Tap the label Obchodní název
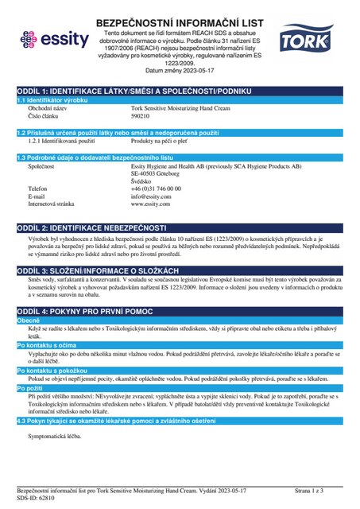pyautogui.click(x=48, y=107)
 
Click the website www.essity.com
pyautogui.click(x=152, y=204)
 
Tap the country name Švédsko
pyautogui.click(x=143, y=181)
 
